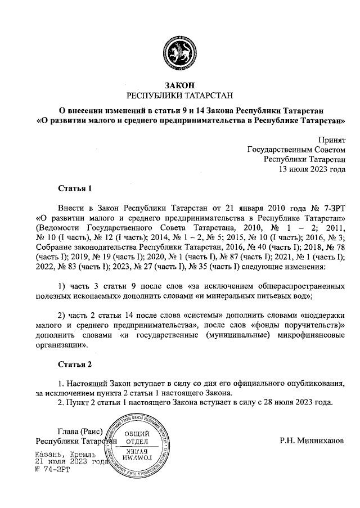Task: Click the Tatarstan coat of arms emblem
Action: [x=180, y=52]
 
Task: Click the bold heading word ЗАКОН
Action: [x=180, y=85]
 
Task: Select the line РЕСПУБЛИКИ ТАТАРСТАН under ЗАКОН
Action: [x=180, y=96]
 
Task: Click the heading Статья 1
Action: [x=74, y=187]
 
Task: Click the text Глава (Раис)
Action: [x=79, y=431]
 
